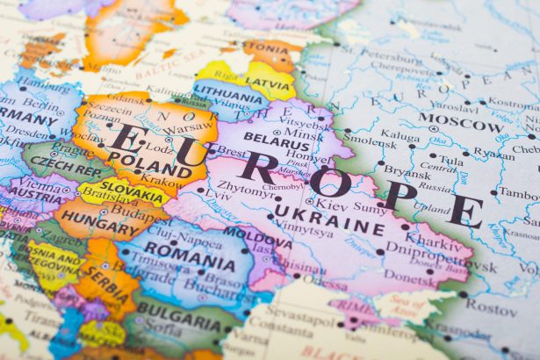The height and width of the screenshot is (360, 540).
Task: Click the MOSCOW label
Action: (460, 121)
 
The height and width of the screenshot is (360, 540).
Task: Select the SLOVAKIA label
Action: (133, 187)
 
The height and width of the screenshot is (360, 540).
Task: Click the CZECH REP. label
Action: (67, 166)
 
